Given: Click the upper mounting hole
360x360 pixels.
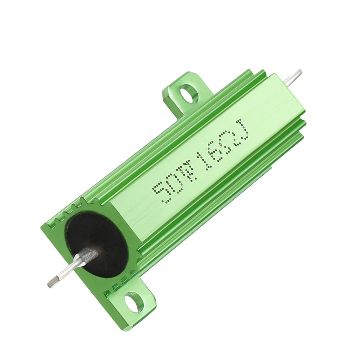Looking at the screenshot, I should pyautogui.click(x=189, y=93).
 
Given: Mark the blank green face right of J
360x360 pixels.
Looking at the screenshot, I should pyautogui.click(x=268, y=108).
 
